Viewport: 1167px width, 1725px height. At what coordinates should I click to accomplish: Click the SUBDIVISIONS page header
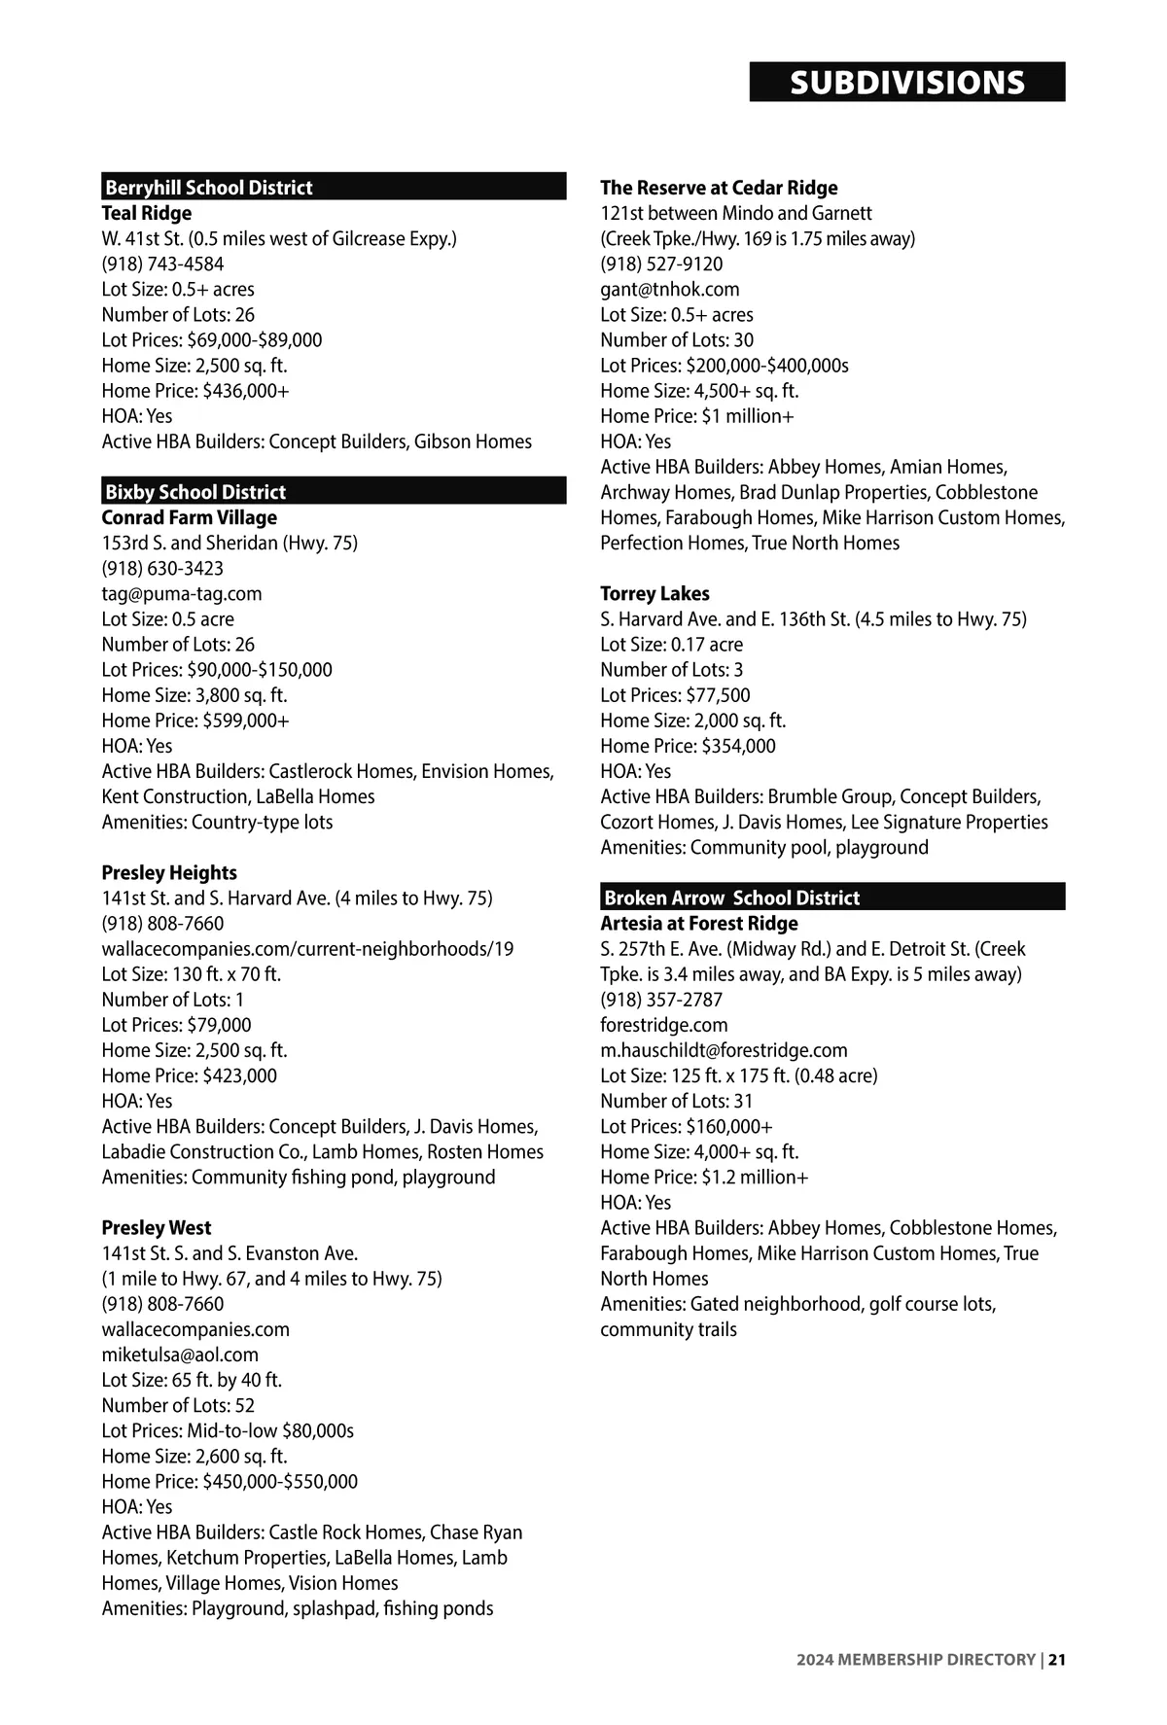906,83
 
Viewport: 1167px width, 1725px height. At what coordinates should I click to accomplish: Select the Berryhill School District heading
208,188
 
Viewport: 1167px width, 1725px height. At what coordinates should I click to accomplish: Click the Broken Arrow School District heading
731,898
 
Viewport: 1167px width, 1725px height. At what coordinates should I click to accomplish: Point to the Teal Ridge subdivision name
147,213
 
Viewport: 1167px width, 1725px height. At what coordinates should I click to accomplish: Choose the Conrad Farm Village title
190,517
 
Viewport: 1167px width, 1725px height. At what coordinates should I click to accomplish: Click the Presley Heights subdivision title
169,872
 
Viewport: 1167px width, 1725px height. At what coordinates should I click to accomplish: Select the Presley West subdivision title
157,1227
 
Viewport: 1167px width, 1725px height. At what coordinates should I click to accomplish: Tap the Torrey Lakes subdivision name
654,593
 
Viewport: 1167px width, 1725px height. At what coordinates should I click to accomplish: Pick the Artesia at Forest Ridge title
698,923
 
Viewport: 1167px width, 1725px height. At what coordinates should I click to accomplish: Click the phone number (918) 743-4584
162,264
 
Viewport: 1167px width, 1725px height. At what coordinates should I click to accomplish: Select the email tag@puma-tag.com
182,593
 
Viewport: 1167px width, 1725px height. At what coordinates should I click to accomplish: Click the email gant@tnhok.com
669,289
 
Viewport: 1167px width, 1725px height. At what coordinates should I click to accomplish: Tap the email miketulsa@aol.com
180,1355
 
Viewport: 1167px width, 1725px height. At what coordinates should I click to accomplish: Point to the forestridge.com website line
663,1025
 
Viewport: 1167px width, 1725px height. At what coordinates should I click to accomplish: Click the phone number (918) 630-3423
162,568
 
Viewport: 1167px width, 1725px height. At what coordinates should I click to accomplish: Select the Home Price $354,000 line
688,746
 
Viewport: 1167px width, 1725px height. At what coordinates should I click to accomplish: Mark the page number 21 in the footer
1057,1660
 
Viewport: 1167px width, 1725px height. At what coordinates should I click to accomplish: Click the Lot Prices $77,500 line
675,695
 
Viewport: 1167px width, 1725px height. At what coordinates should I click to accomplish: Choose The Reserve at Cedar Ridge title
719,188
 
